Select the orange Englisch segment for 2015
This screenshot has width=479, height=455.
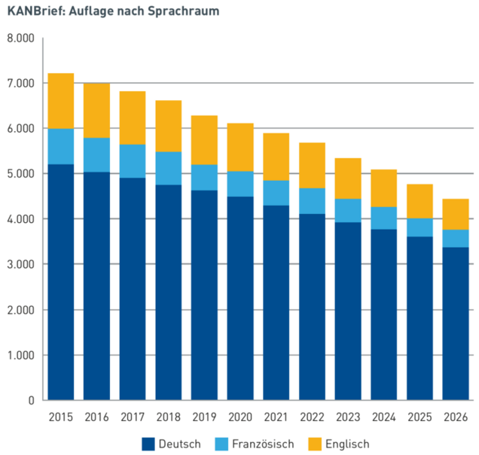(61, 101)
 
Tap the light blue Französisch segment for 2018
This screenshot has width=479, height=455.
(169, 168)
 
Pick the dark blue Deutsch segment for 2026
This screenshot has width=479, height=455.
(455, 323)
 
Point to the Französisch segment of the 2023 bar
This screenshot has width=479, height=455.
(348, 210)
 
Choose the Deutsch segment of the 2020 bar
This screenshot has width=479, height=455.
(240, 298)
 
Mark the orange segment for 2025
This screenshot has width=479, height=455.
(420, 201)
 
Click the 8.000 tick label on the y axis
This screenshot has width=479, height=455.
(21, 38)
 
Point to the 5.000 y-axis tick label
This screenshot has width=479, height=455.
(21, 174)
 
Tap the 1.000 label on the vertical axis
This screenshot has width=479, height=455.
(21, 356)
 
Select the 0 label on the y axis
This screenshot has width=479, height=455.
(31, 401)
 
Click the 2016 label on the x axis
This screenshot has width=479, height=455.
(97, 417)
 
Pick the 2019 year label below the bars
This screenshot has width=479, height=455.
(204, 417)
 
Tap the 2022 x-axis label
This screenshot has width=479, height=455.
(312, 417)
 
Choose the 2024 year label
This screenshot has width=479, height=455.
(383, 417)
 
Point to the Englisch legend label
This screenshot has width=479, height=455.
(347, 444)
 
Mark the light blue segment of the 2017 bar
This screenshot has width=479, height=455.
(133, 161)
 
